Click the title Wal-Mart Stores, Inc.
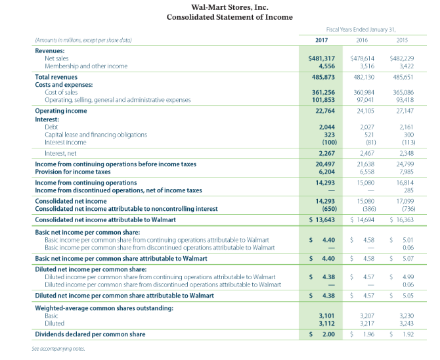coord(220,7)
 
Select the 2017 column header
coord(322,41)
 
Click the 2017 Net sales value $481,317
coord(322,59)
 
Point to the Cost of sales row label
coord(62,93)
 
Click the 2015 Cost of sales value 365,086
coord(402,93)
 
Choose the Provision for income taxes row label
coord(73,171)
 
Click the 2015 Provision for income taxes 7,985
coord(405,171)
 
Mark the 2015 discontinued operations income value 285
coord(409,191)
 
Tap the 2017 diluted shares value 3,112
coord(326,323)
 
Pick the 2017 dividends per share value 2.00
coord(328,334)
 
